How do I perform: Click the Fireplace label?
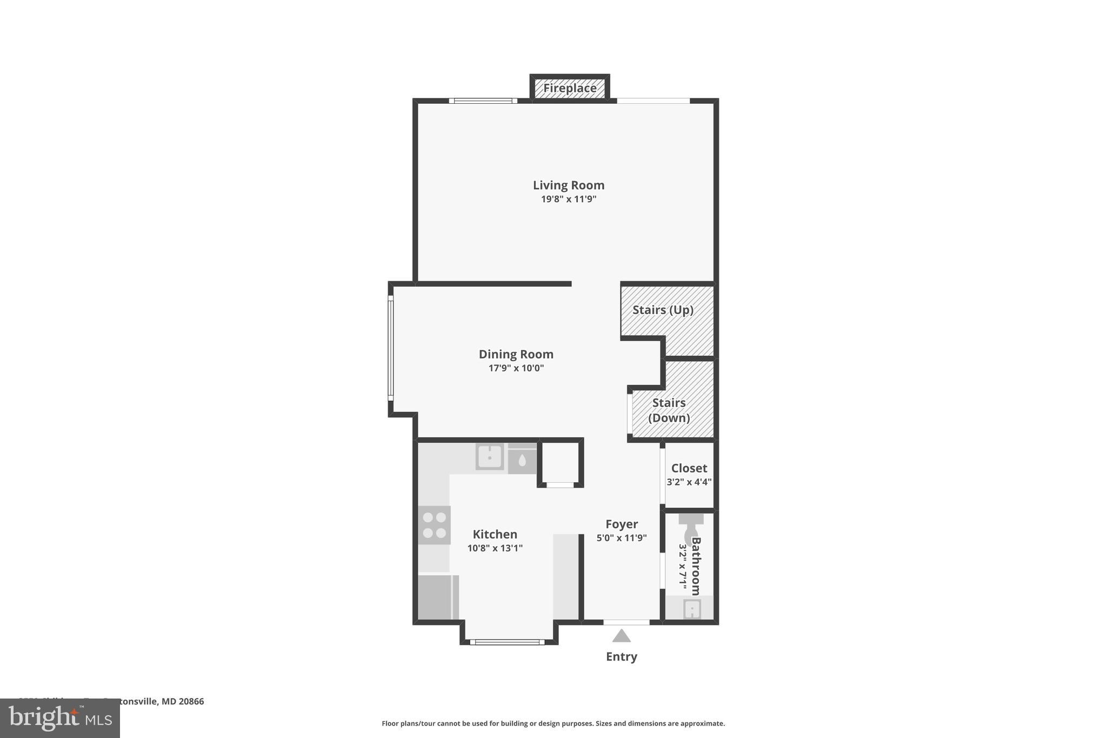point(570,88)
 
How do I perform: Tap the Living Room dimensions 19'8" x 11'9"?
point(569,199)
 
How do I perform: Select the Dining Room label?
point(516,354)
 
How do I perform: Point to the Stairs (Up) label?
point(663,310)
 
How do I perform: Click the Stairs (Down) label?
point(669,410)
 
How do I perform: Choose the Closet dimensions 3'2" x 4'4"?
point(689,482)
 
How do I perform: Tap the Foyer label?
point(621,524)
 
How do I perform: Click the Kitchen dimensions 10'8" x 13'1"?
point(495,548)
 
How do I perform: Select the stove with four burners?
point(434,525)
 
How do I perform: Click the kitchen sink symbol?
point(490,457)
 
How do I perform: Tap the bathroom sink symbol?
point(692,609)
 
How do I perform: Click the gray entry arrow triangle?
point(621,636)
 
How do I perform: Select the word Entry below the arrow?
point(621,656)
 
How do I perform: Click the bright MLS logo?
point(59,718)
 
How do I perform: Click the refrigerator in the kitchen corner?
point(437,597)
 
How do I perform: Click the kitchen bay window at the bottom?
point(507,642)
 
